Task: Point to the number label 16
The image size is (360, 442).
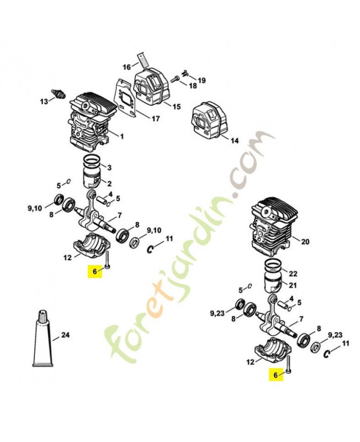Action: point(126,67)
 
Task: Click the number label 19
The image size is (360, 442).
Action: point(202,81)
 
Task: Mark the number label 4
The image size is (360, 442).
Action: point(110,194)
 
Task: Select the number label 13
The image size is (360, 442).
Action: point(43,102)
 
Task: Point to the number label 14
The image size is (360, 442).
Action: point(234,141)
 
